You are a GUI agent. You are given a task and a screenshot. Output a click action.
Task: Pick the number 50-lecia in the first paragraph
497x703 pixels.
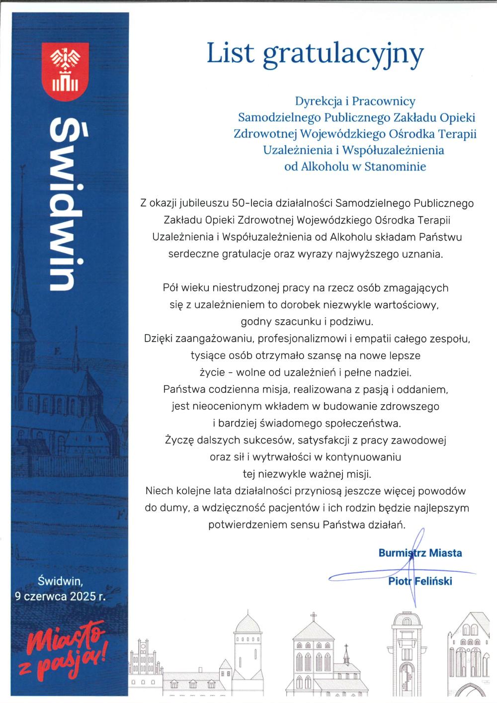tap(247, 203)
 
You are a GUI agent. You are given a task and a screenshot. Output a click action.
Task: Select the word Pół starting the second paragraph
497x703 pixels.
tap(171, 287)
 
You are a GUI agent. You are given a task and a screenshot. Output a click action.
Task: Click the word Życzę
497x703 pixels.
tap(177, 440)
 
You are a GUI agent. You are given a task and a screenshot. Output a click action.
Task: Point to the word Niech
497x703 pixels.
tap(159, 491)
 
